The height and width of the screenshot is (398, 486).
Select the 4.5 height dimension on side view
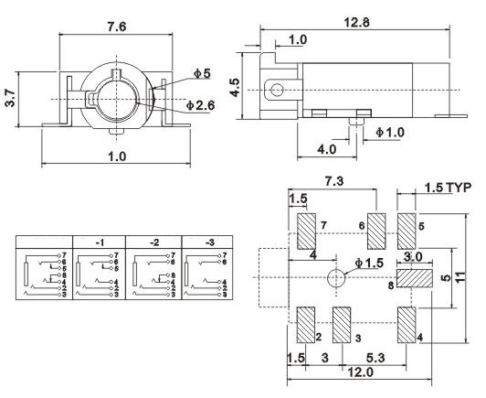coord(235,88)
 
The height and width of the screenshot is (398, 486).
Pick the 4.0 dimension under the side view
coord(326,149)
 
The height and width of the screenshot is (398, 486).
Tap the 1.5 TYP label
coord(448,188)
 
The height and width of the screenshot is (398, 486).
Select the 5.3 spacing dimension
coord(375,357)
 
